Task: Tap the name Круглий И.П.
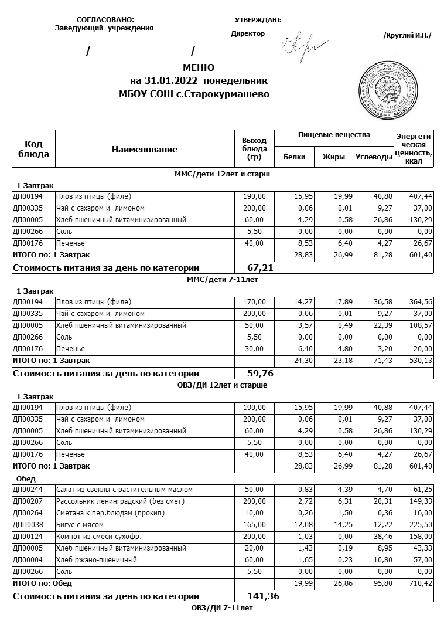407,36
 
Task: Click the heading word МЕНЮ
199,67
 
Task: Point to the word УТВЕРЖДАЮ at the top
258,21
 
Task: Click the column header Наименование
145,150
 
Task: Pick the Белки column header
294,157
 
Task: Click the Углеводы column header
374,157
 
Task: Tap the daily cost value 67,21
261,268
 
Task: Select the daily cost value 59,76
261,373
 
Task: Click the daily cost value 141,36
263,596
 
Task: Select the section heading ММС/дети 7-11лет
223,280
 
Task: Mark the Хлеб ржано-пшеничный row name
96,560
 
